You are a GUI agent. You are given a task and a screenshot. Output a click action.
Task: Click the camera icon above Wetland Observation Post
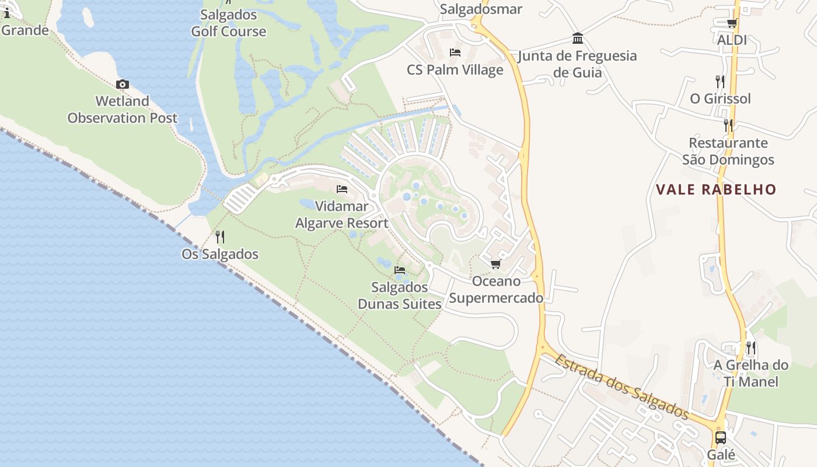122,85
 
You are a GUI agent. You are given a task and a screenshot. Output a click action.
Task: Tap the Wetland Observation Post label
122,109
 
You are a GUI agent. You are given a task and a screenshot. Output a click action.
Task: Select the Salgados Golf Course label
229,23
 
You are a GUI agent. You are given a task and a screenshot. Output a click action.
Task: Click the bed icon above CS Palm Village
455,53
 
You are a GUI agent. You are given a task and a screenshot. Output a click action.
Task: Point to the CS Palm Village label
455,70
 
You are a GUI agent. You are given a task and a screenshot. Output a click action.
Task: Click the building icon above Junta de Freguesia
578,39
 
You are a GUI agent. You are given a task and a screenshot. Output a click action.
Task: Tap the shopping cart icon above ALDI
732,23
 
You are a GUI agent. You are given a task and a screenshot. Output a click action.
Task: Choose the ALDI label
732,40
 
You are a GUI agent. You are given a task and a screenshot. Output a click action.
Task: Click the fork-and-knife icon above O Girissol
720,81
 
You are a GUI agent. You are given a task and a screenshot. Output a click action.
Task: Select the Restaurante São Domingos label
728,151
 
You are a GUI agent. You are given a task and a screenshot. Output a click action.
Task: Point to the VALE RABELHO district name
716,190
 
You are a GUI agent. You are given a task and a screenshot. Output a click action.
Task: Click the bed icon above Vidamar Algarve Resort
342,189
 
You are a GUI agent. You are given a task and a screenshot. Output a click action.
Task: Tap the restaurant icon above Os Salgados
220,236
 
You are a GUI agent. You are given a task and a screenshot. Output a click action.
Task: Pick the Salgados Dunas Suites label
400,295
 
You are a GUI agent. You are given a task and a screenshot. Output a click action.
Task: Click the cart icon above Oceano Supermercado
495,264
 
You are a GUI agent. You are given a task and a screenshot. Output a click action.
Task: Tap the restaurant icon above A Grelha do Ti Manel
750,348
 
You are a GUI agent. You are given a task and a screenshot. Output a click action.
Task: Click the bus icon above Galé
721,437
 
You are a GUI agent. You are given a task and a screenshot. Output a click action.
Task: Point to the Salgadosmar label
481,9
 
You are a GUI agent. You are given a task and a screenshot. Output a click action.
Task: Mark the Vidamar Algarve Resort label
342,214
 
